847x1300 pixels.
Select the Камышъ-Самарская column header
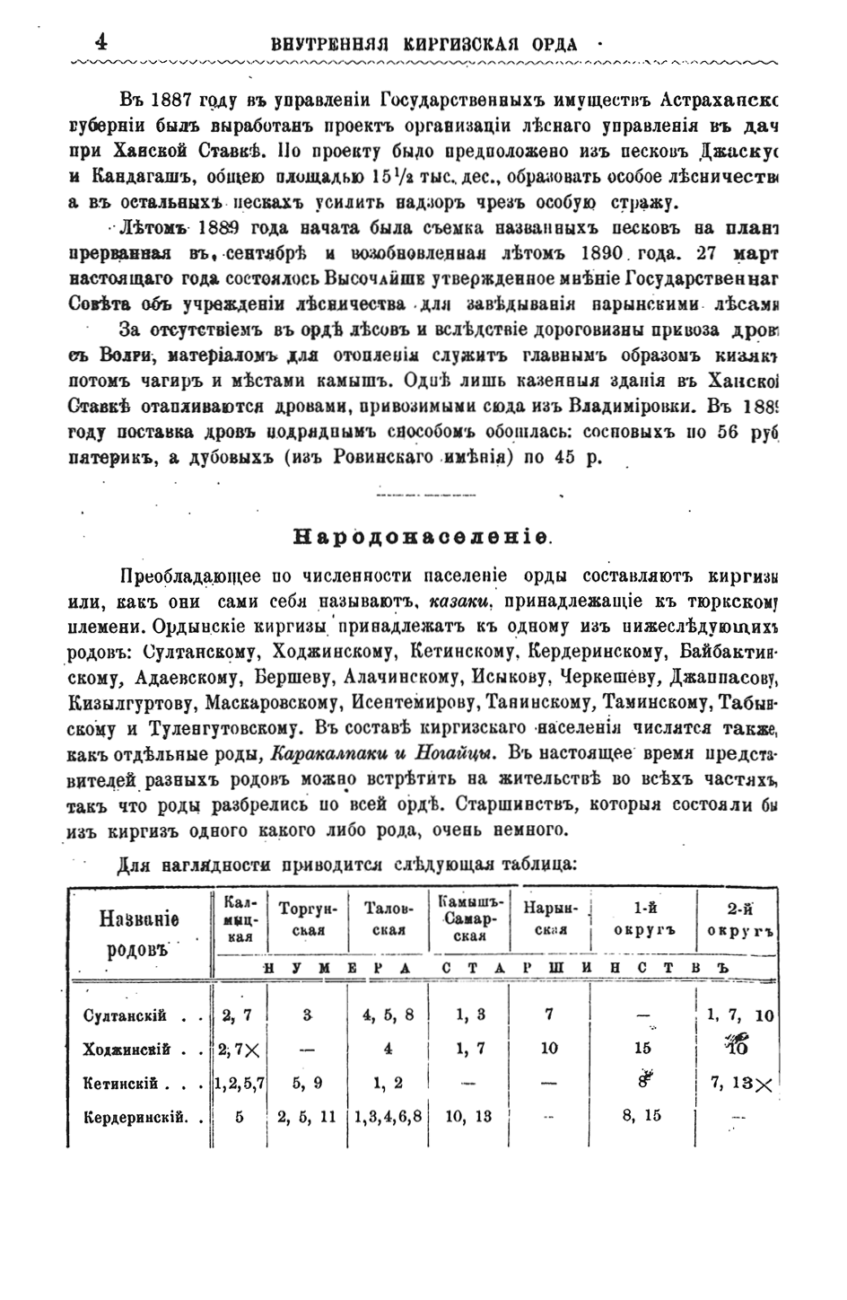468,918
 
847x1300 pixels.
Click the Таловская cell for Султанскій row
388,1015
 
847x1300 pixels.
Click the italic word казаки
458,600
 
